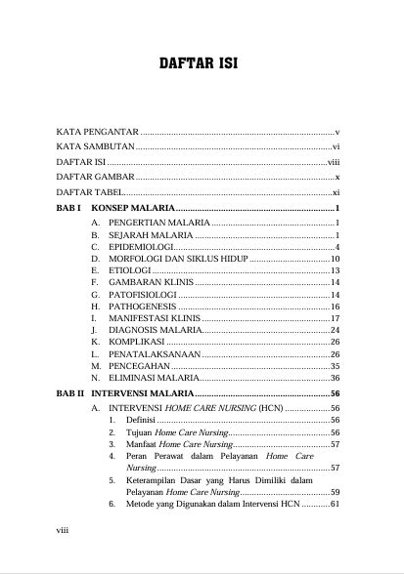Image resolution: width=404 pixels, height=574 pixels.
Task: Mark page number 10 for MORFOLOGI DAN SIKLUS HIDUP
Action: tap(334, 259)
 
